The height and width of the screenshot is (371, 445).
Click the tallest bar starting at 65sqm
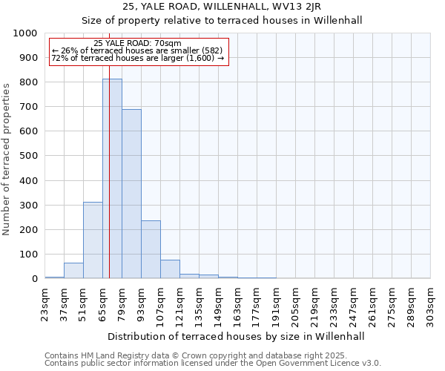tap(112, 178)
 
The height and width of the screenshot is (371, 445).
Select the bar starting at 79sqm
tap(131, 194)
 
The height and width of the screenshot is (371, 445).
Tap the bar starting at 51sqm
tap(93, 240)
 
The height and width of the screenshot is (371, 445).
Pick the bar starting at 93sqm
tap(151, 249)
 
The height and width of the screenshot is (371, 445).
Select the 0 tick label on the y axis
tap(35, 279)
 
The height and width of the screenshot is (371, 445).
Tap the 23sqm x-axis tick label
tap(45, 305)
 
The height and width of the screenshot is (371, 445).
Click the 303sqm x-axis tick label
tap(431, 305)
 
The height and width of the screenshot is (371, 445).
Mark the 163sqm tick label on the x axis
tap(238, 305)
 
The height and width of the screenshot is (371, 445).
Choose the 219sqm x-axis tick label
tap(315, 305)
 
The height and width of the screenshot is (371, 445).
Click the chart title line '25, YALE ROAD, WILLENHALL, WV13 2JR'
tap(222, 7)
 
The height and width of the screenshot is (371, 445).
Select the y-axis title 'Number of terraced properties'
tap(7, 159)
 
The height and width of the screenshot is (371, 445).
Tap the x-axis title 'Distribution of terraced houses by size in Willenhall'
tap(236, 336)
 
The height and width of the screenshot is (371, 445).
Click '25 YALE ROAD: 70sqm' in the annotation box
tap(138, 44)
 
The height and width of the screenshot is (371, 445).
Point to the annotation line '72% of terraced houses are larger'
tap(138, 59)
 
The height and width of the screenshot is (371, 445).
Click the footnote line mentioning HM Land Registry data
tap(196, 356)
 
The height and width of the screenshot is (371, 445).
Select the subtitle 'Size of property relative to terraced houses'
tap(222, 20)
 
